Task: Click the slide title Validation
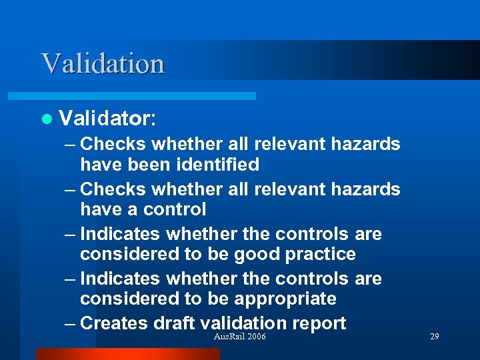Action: pos(103,63)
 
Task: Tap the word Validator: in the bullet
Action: pos(107,119)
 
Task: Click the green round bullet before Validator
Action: pos(46,119)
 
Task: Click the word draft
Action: pos(174,323)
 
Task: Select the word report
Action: pos(317,323)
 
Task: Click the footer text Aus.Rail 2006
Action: pos(239,337)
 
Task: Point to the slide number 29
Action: pos(435,337)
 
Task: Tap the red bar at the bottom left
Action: pos(127,354)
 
